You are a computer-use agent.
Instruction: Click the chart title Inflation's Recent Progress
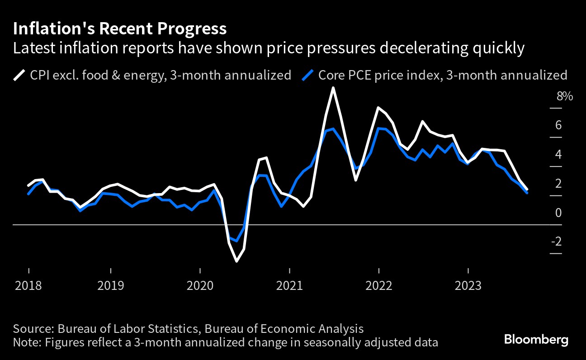click(x=120, y=29)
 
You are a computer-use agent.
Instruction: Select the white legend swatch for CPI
click(x=19, y=75)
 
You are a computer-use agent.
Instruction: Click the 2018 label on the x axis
click(x=28, y=285)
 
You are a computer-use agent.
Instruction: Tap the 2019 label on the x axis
click(x=110, y=285)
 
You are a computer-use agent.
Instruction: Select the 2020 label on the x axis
click(x=200, y=285)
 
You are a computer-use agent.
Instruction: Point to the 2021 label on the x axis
click(x=289, y=285)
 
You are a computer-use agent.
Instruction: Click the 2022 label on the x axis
click(x=378, y=285)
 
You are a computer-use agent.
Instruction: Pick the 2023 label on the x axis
click(x=468, y=285)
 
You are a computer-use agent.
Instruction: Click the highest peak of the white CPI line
click(x=333, y=88)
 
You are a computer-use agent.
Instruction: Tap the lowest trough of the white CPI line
click(x=236, y=261)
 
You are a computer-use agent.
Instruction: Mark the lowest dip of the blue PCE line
click(x=236, y=241)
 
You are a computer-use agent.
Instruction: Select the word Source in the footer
click(x=30, y=329)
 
